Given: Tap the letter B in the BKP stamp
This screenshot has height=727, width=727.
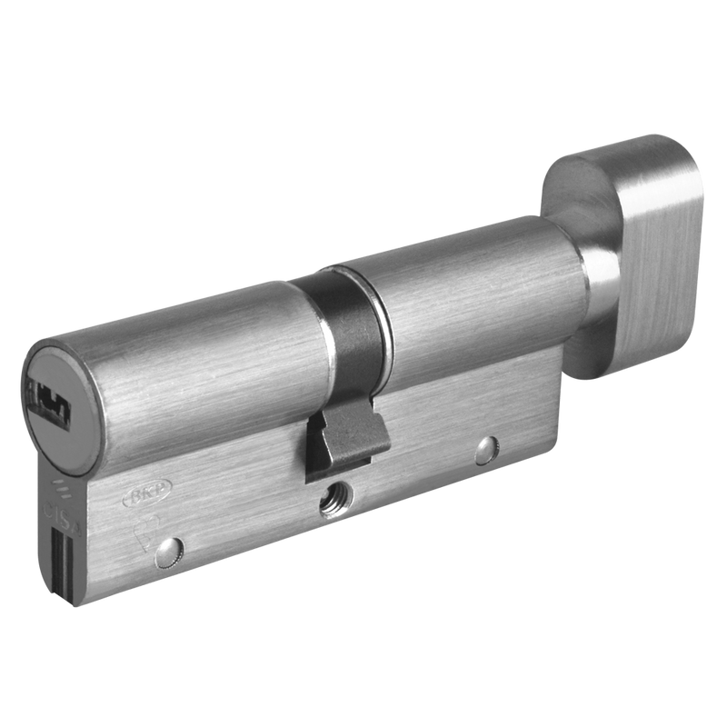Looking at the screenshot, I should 131,496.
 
